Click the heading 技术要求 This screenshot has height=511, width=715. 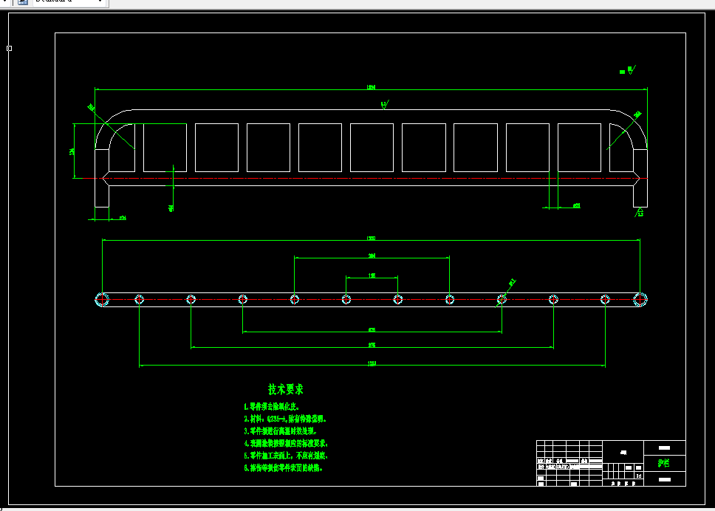(286, 389)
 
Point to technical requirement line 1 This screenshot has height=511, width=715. (272, 407)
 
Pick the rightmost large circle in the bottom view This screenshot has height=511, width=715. (641, 299)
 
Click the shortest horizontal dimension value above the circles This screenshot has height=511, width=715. (372, 275)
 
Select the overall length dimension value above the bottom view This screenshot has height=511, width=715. (372, 238)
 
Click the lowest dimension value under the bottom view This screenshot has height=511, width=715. (372, 363)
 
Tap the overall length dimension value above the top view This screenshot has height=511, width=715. (372, 87)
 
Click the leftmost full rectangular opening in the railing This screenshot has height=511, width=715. (165, 148)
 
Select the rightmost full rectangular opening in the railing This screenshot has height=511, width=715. (579, 148)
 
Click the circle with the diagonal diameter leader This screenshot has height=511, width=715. (502, 299)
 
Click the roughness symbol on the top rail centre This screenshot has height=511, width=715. (385, 106)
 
